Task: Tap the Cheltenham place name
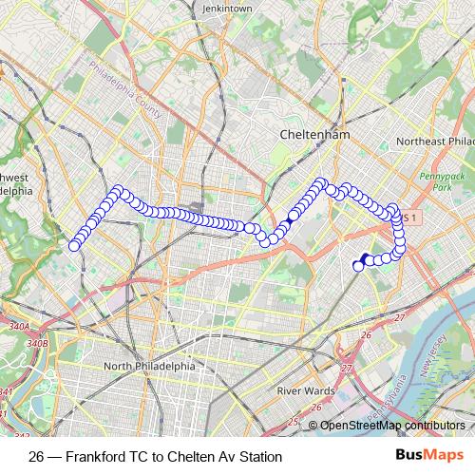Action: point(314,135)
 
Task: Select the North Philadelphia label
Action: point(149,366)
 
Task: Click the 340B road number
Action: point(37,343)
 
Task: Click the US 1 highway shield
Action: point(407,218)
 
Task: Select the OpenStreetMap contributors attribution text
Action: point(392,425)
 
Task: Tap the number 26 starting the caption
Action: point(37,457)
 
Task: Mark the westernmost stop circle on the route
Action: point(74,246)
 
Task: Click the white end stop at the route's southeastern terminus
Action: point(359,266)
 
